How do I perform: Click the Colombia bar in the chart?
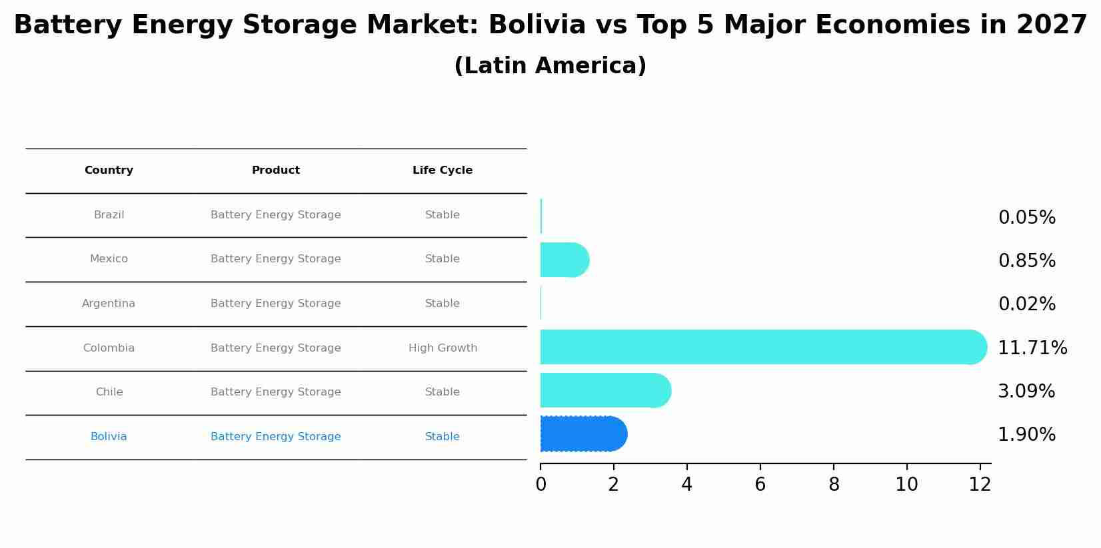tap(760, 347)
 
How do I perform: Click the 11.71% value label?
tap(1032, 348)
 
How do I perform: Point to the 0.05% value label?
tap(1026, 218)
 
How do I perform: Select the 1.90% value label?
tap(1026, 435)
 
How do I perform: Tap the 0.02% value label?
tap(1026, 304)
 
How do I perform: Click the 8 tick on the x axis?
tap(834, 485)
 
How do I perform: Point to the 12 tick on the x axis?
tap(980, 485)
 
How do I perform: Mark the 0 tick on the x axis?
tap(541, 485)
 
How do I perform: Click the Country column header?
tap(109, 170)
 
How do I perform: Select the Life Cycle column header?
tap(443, 170)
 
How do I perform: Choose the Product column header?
tap(275, 170)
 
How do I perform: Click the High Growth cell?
tap(443, 348)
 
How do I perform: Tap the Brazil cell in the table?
tap(109, 215)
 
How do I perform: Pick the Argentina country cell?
tap(109, 304)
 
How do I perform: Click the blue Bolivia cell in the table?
tap(109, 437)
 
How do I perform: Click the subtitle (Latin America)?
tap(550, 66)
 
